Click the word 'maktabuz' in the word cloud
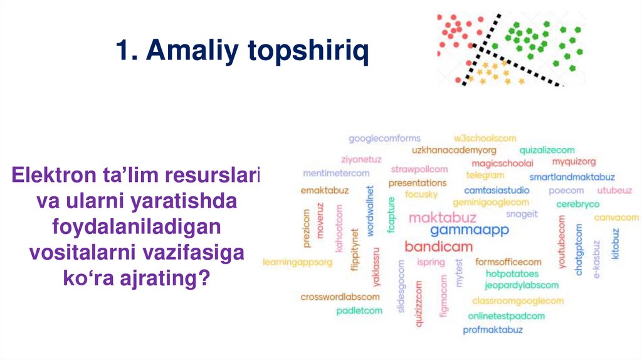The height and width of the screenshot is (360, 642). [x=443, y=218]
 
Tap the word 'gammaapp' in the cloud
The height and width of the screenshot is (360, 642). [x=461, y=230]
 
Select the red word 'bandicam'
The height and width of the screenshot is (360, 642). [x=438, y=246]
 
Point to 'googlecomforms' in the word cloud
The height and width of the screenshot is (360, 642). [x=384, y=139]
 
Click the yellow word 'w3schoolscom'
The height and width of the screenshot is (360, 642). [x=485, y=139]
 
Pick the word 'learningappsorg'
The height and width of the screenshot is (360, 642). [x=297, y=262]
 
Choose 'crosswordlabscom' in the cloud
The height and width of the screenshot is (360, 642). [x=340, y=297]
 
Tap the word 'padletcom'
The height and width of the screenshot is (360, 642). [x=359, y=310]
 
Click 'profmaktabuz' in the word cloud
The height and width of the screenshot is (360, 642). [x=492, y=329]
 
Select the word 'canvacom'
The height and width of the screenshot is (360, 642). [x=616, y=218]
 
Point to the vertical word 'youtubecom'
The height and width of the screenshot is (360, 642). [x=561, y=242]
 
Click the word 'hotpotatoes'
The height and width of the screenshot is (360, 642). [x=512, y=274]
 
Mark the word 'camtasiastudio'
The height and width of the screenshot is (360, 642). [x=497, y=191]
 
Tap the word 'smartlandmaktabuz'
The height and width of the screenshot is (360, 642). [x=572, y=177]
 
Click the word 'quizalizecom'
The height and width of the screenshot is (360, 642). [x=547, y=151]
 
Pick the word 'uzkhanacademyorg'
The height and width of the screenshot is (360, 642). [x=454, y=151]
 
